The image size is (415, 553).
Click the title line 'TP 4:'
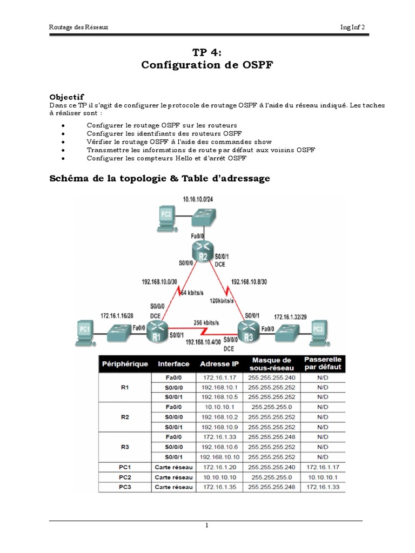207,52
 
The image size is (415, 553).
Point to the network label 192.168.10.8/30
250,281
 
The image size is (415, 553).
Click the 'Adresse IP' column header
219,364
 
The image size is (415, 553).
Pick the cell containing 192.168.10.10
219,456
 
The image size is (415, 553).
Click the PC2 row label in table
126,477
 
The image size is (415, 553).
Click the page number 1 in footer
206,525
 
